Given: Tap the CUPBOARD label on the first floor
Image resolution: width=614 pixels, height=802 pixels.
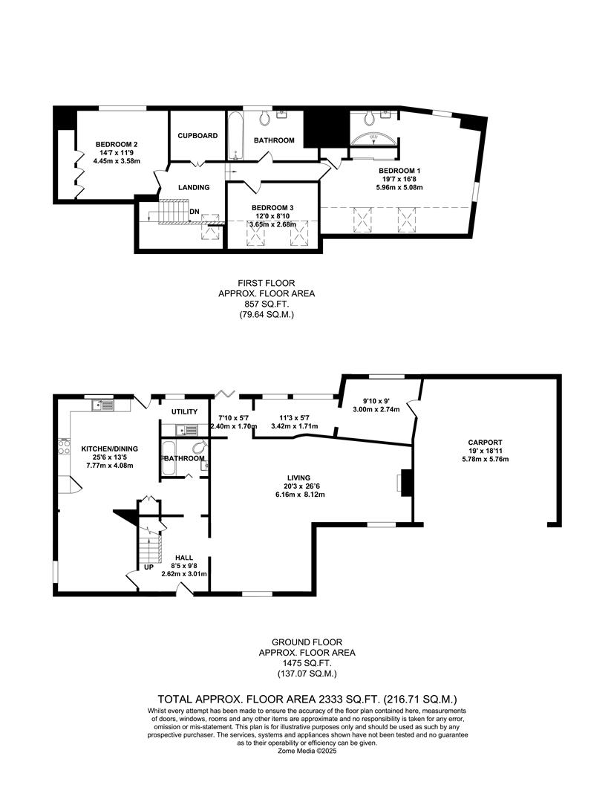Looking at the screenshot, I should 197,136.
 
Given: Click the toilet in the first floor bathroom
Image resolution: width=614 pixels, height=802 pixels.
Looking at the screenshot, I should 265,118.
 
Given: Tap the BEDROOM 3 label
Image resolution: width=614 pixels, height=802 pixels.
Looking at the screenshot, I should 273,207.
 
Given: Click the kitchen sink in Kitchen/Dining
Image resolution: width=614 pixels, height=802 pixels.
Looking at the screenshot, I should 103,405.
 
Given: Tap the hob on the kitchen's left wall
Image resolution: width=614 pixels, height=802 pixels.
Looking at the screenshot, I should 63,449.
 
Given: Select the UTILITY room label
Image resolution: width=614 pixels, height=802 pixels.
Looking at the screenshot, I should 183,411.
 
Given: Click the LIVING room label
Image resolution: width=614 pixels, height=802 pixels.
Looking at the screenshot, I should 298,477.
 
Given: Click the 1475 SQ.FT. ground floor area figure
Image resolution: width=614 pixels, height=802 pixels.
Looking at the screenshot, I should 307,663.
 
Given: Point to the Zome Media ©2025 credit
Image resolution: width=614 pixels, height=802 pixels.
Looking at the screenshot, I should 307,750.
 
